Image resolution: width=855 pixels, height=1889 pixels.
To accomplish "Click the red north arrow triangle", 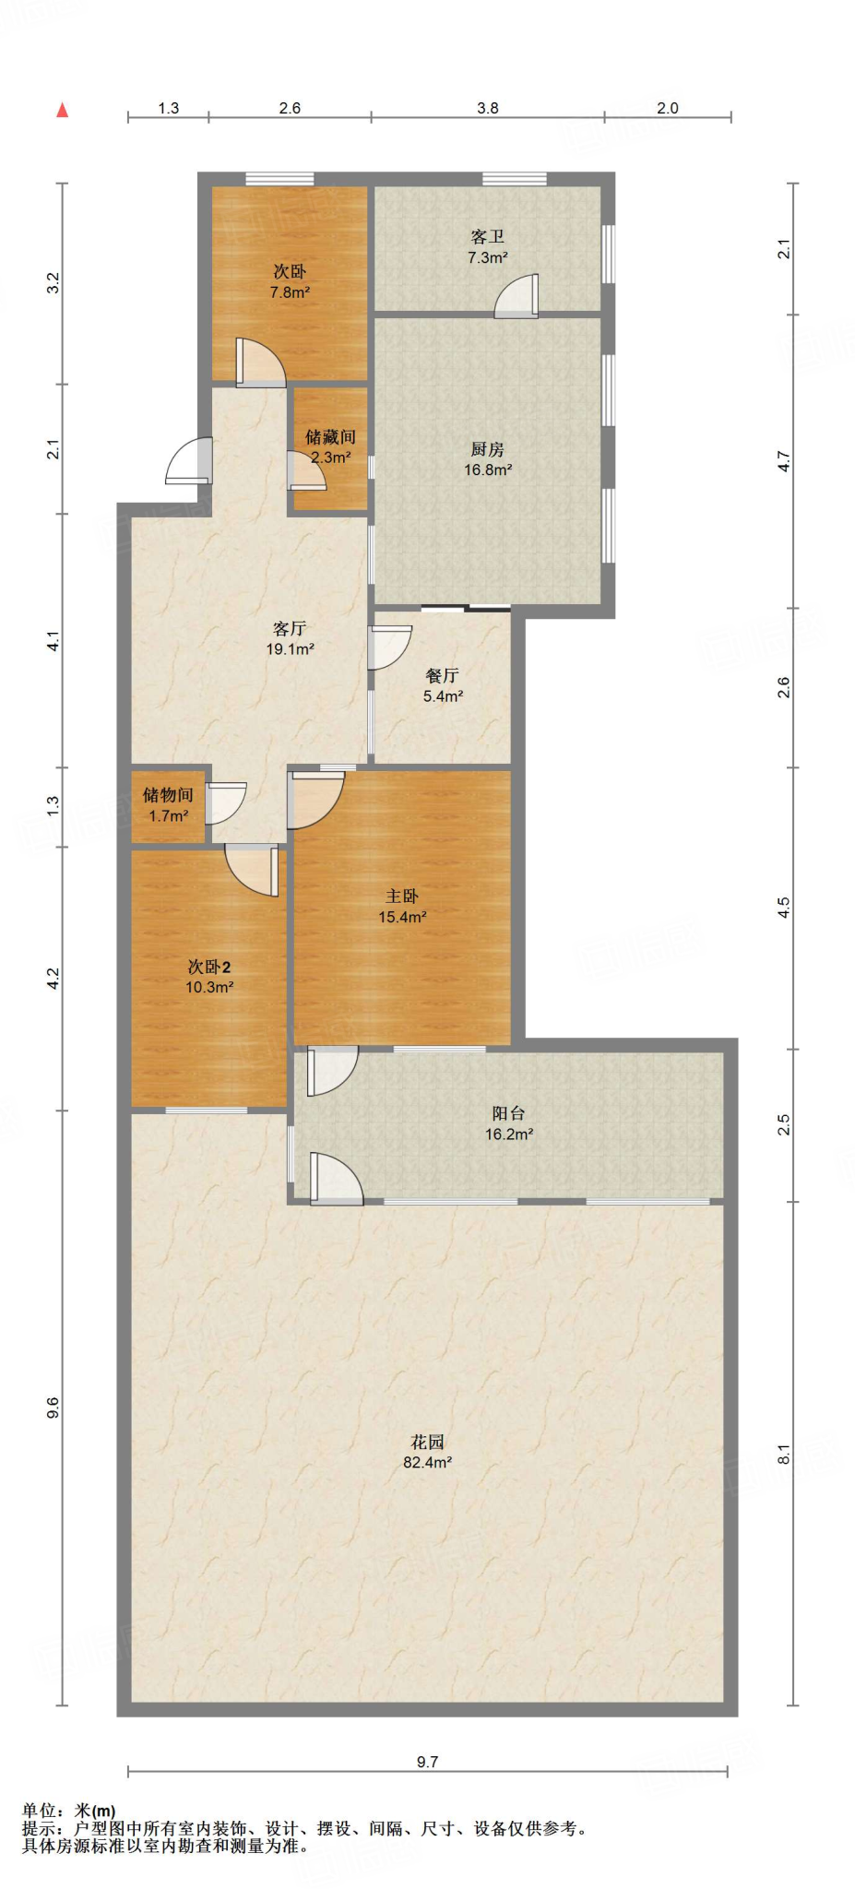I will coord(62,111).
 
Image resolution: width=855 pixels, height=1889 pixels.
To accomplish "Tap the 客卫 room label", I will coord(487,237).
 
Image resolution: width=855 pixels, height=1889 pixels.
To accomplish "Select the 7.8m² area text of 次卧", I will coord(290,292).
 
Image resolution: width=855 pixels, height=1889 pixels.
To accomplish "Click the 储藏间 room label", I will coord(330,436).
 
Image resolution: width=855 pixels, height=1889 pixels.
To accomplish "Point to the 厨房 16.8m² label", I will coord(487,459).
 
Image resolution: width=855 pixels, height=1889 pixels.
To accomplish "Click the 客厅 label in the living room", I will coord(290,628).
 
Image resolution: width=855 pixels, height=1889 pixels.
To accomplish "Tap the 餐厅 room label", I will coord(443,675).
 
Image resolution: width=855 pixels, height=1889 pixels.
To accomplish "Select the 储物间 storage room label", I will coord(168,794).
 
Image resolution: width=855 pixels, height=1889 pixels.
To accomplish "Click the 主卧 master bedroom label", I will coord(402,896).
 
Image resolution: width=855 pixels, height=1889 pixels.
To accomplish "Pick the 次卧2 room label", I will coord(209,967).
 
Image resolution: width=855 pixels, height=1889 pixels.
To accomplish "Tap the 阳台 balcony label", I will coord(508,1113).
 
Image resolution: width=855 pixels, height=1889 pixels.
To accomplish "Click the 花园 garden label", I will coord(427,1441).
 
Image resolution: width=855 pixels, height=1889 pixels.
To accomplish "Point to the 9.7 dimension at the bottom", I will coord(427,1761).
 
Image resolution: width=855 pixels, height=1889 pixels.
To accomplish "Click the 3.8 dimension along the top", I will coord(487,108).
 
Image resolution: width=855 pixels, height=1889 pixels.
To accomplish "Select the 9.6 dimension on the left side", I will coord(53,1408).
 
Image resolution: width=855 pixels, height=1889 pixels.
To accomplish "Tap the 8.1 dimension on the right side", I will coord(784,1454).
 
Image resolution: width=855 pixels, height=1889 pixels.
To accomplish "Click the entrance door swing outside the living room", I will coord(191,461).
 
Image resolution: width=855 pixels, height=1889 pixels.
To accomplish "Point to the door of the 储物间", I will coord(225,802).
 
